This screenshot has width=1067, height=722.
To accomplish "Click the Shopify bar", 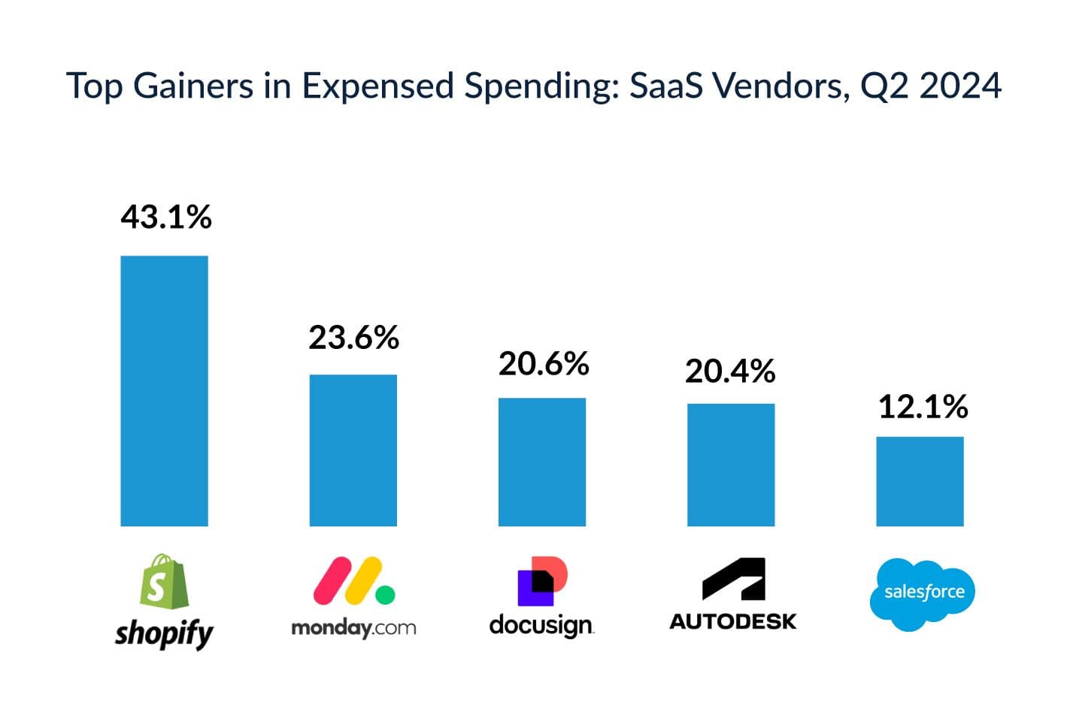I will pos(164,391).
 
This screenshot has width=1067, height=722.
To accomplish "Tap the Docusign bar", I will pos(541,462).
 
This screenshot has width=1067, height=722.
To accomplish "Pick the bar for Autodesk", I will pos(730,465).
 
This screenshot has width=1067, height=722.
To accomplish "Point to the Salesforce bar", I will pos(919,481).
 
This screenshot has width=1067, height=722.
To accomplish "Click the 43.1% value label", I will pos(166,217).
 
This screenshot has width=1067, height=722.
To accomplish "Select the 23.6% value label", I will pos(353,338).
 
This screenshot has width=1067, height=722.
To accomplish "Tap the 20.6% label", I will pos(543,364).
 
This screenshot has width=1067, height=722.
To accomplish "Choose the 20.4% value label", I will pos(729,372).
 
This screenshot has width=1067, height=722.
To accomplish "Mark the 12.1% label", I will pos(923,407).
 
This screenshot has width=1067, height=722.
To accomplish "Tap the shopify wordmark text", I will pos(164,633).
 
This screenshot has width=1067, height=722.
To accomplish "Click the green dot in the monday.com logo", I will pos(385,595).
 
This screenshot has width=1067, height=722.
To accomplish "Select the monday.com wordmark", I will pos(353,628).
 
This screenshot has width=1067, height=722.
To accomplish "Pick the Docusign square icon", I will pos(541,581).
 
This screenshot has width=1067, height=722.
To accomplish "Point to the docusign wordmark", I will pos(541,625).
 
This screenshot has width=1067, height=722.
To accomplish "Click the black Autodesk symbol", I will pos(733,579).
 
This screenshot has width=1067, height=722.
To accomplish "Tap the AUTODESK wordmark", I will pos(733,621).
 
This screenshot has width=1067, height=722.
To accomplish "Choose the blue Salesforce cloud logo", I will pos(922,594).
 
